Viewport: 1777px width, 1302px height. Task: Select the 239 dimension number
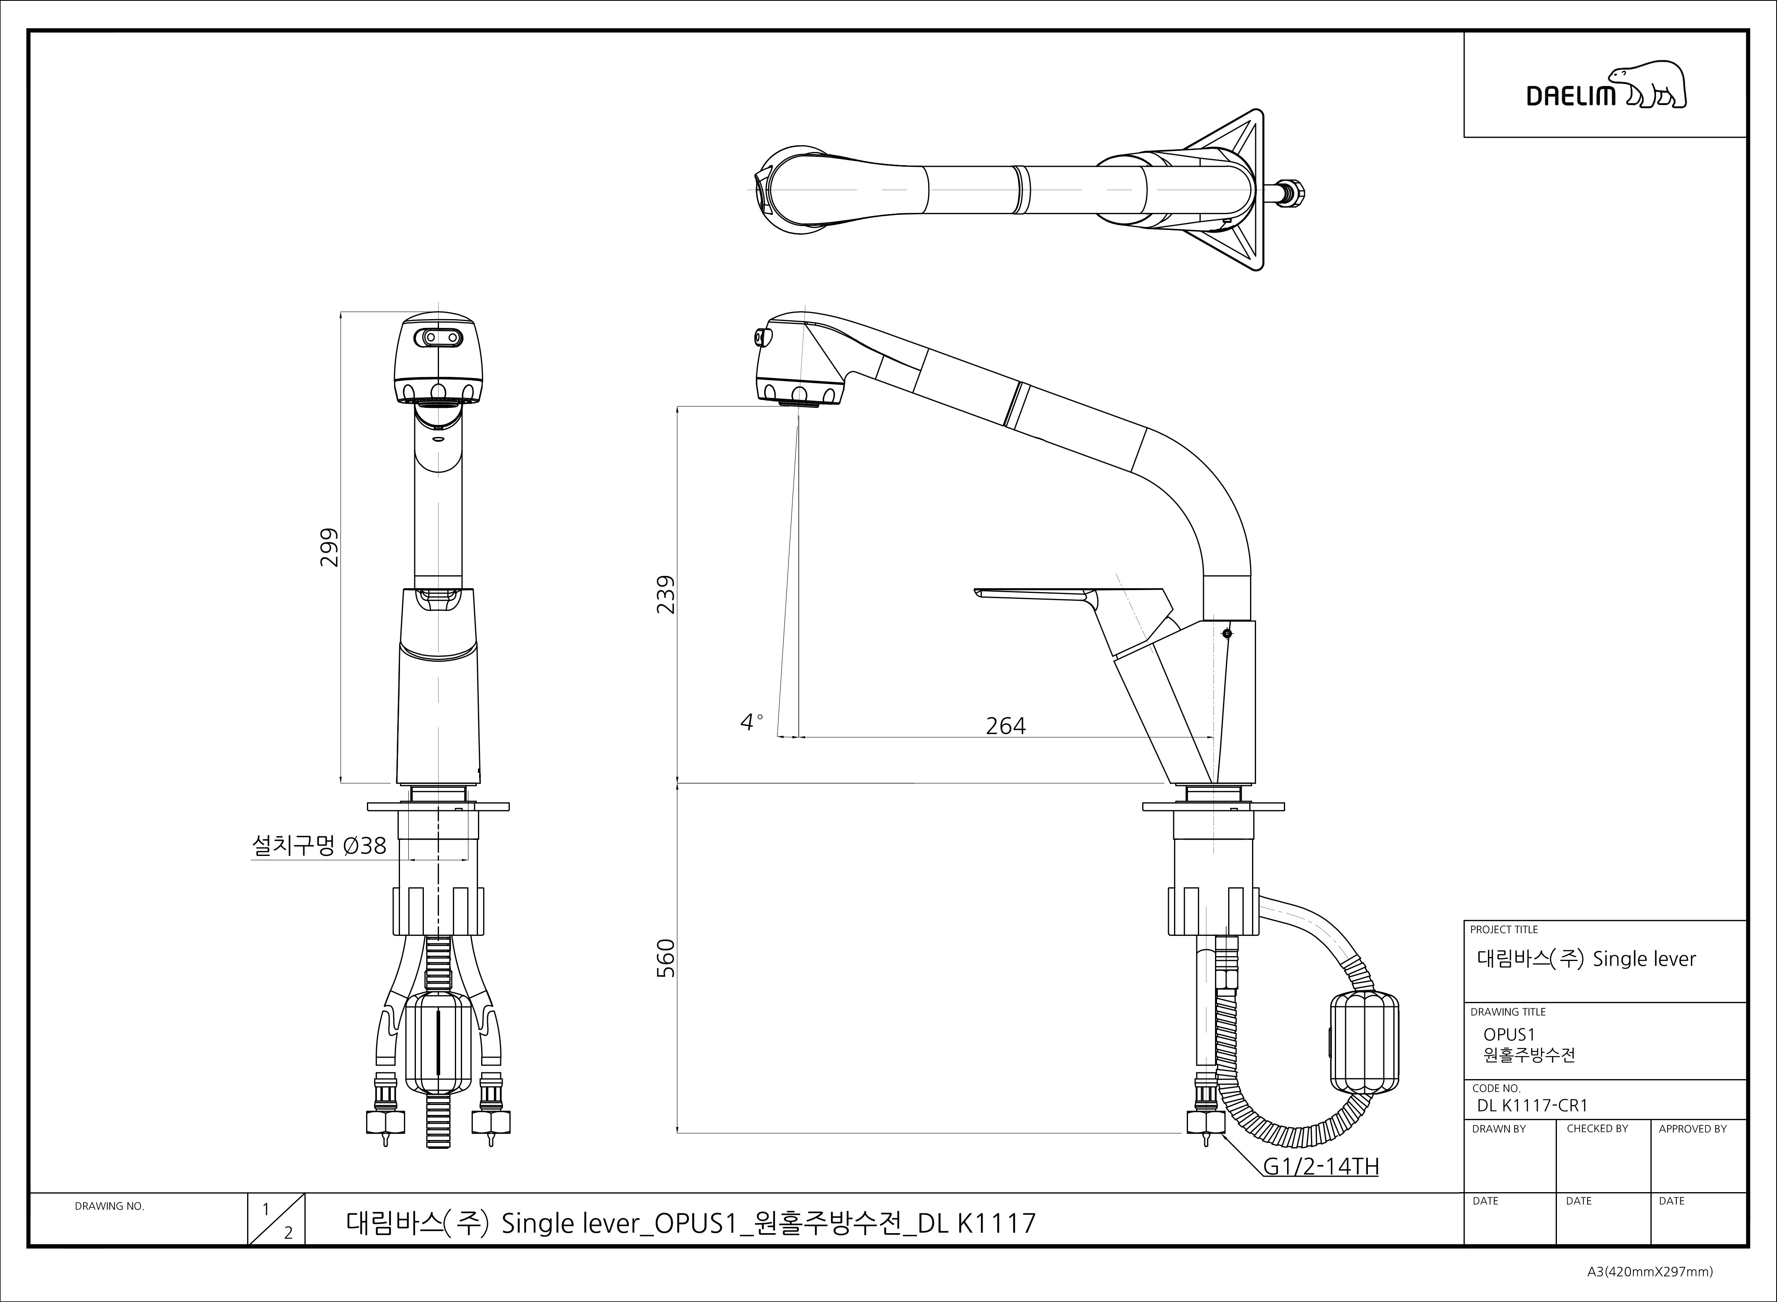(x=666, y=595)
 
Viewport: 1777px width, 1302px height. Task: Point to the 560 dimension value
(x=666, y=957)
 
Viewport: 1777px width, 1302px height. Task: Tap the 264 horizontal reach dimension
(x=1006, y=726)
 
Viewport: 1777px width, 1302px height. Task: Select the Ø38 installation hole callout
(x=319, y=846)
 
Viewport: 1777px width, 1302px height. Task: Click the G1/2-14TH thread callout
(x=1321, y=1166)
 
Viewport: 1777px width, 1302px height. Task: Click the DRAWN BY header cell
(x=1499, y=1129)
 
